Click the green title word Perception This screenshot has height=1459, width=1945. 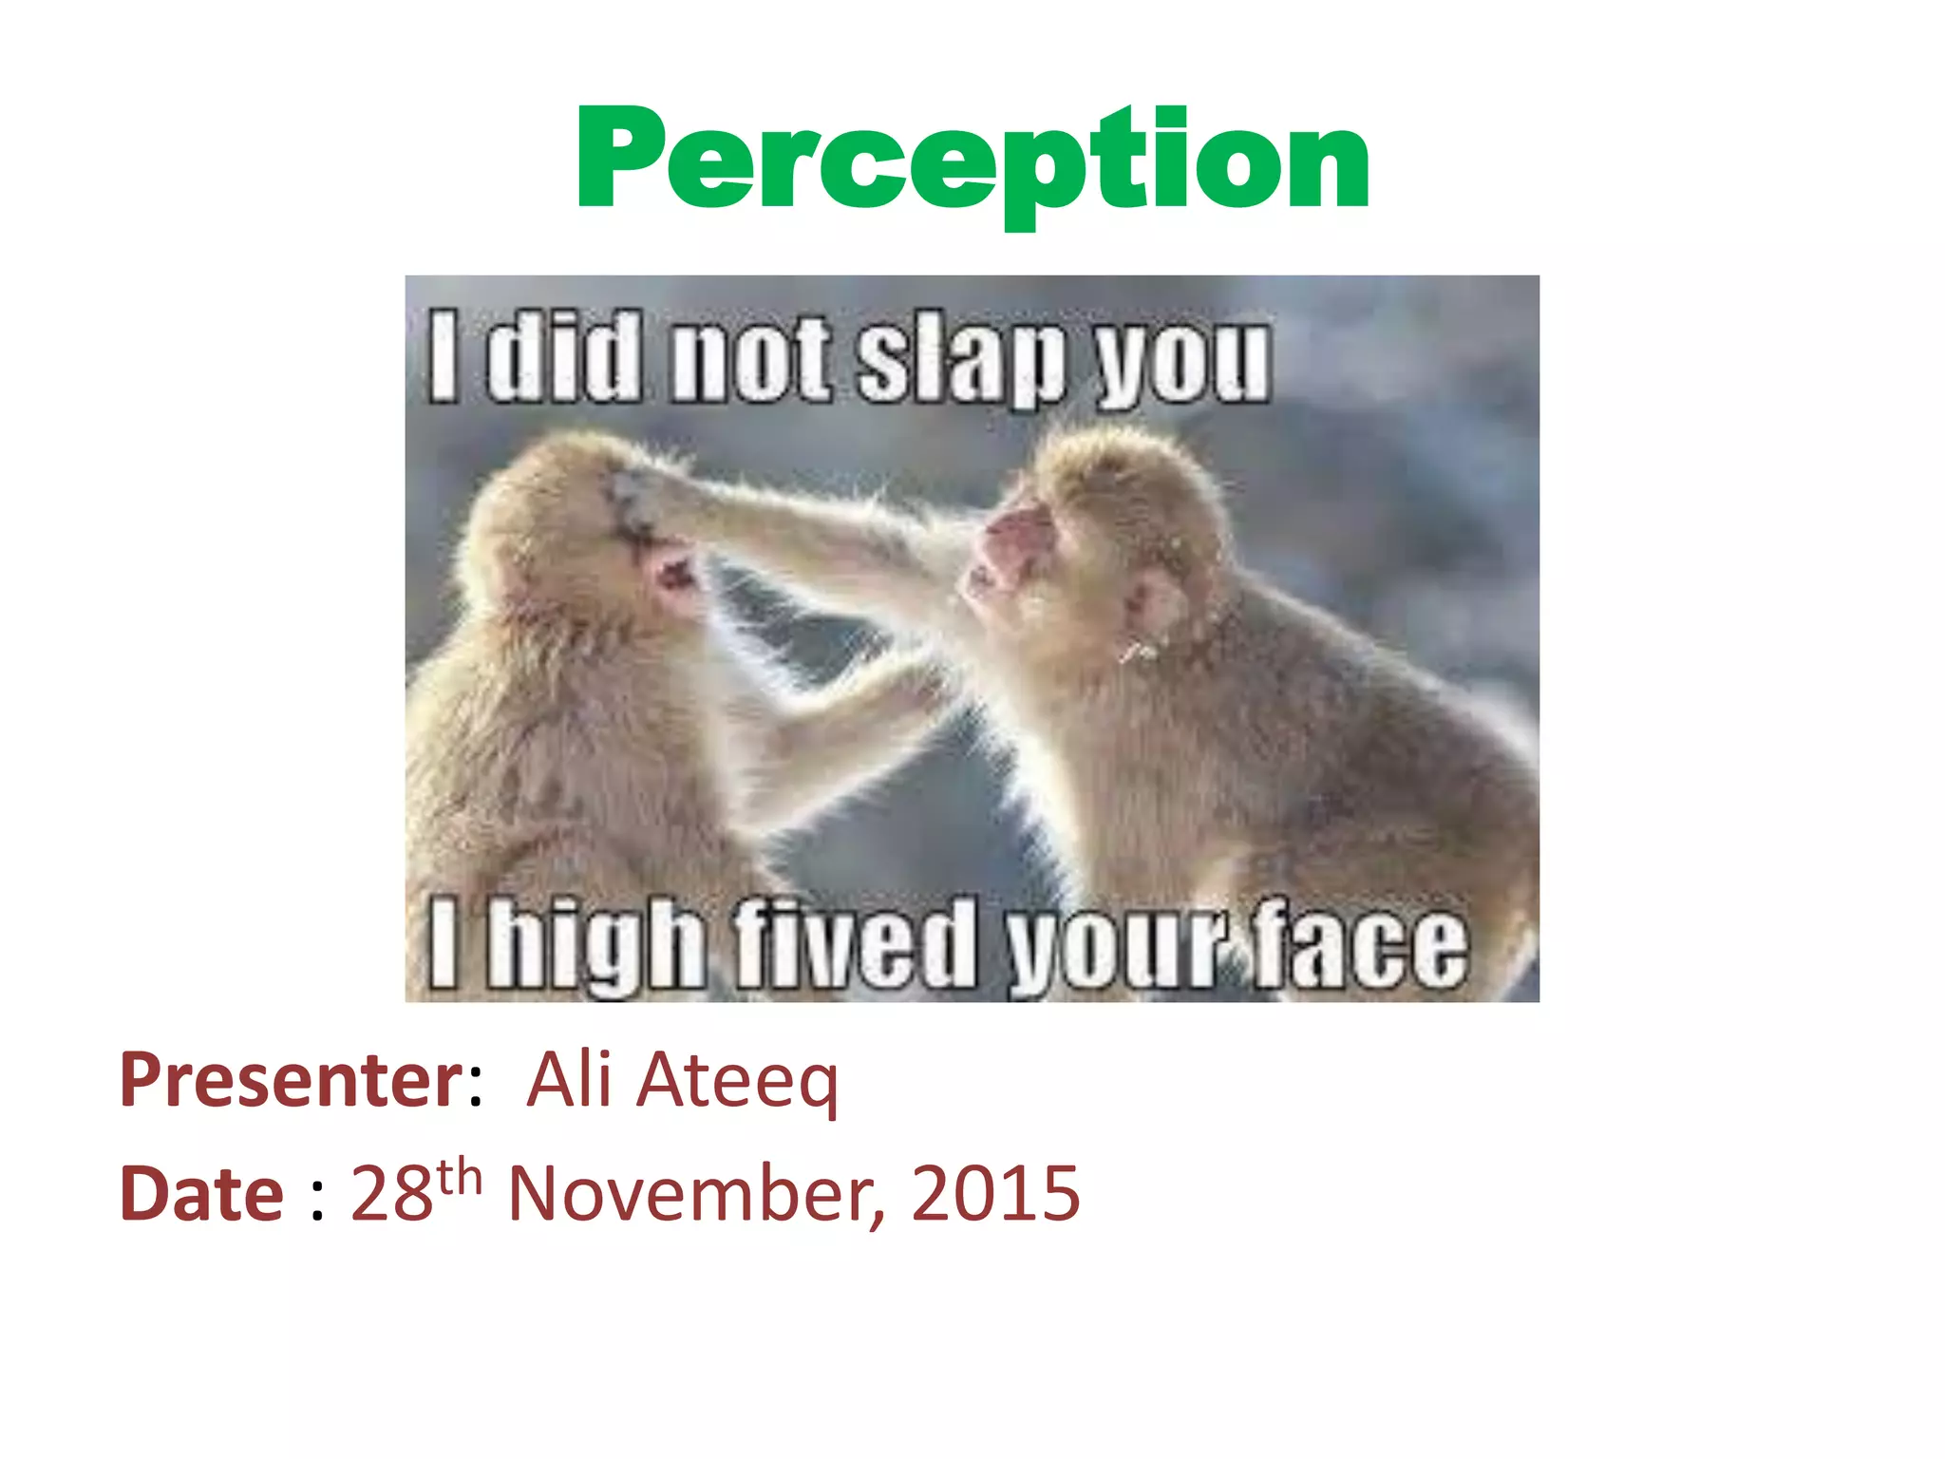pyautogui.click(x=972, y=161)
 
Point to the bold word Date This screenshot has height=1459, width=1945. pyautogui.click(x=201, y=1194)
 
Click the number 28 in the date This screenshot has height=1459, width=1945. pyautogui.click(x=392, y=1194)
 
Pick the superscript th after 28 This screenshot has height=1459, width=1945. pyautogui.click(x=460, y=1177)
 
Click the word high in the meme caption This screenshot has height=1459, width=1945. pyautogui.click(x=598, y=945)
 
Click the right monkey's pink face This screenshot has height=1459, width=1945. pyautogui.click(x=1011, y=551)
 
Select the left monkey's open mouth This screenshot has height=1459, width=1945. pyautogui.click(x=676, y=573)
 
